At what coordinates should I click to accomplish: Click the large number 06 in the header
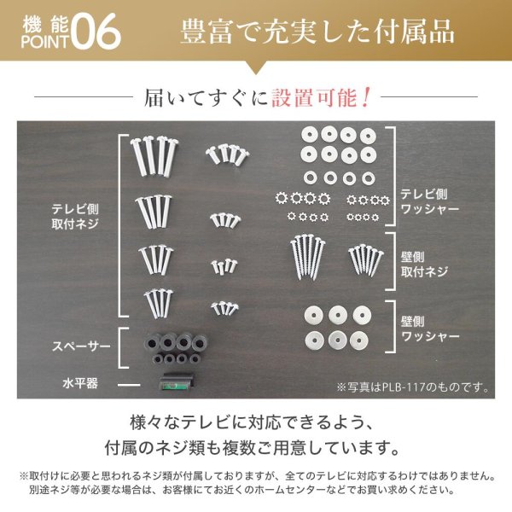[x=96, y=32]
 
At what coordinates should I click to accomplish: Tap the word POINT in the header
[x=43, y=40]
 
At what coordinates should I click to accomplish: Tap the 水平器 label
[x=80, y=383]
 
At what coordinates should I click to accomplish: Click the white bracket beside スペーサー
[x=123, y=351]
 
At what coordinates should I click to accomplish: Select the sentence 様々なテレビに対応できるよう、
[x=256, y=422]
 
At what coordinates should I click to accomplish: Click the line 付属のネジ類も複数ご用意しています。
[x=256, y=446]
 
